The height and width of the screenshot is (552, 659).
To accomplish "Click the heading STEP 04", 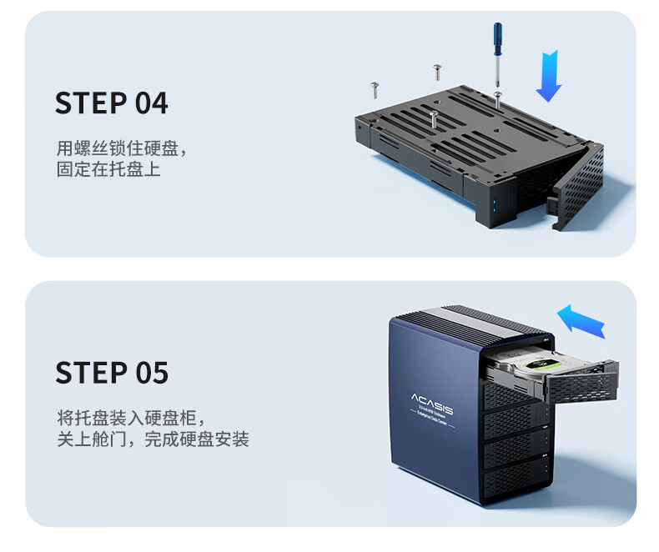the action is [111, 103].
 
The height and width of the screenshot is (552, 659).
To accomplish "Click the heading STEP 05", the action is [111, 373].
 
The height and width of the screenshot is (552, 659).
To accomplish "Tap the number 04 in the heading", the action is [151, 103].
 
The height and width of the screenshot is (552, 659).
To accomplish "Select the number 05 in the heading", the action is [151, 373].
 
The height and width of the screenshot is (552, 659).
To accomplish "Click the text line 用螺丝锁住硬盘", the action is [122, 149].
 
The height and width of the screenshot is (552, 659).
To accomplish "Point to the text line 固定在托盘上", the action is [108, 169].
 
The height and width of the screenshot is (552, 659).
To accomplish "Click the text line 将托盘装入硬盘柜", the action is [130, 418].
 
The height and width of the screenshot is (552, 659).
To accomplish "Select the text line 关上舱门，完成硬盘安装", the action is [153, 439].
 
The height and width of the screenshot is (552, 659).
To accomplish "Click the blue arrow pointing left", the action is [581, 320].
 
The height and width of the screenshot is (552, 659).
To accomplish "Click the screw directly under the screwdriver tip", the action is [497, 98].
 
